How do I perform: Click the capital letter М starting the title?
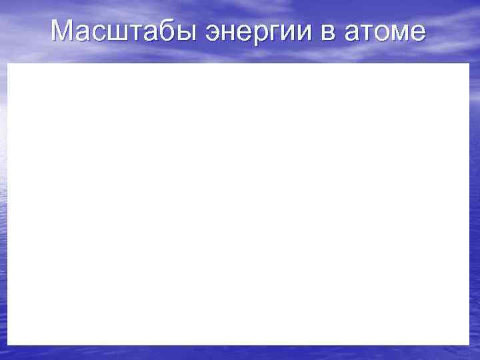point(62,30)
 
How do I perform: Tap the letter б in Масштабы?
point(155,31)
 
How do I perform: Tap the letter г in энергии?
point(269,32)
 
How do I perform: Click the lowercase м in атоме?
point(397,32)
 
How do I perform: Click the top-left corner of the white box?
point(8,64)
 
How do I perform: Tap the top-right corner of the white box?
point(469,64)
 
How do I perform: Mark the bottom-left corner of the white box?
point(8,345)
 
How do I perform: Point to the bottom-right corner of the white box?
point(469,345)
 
